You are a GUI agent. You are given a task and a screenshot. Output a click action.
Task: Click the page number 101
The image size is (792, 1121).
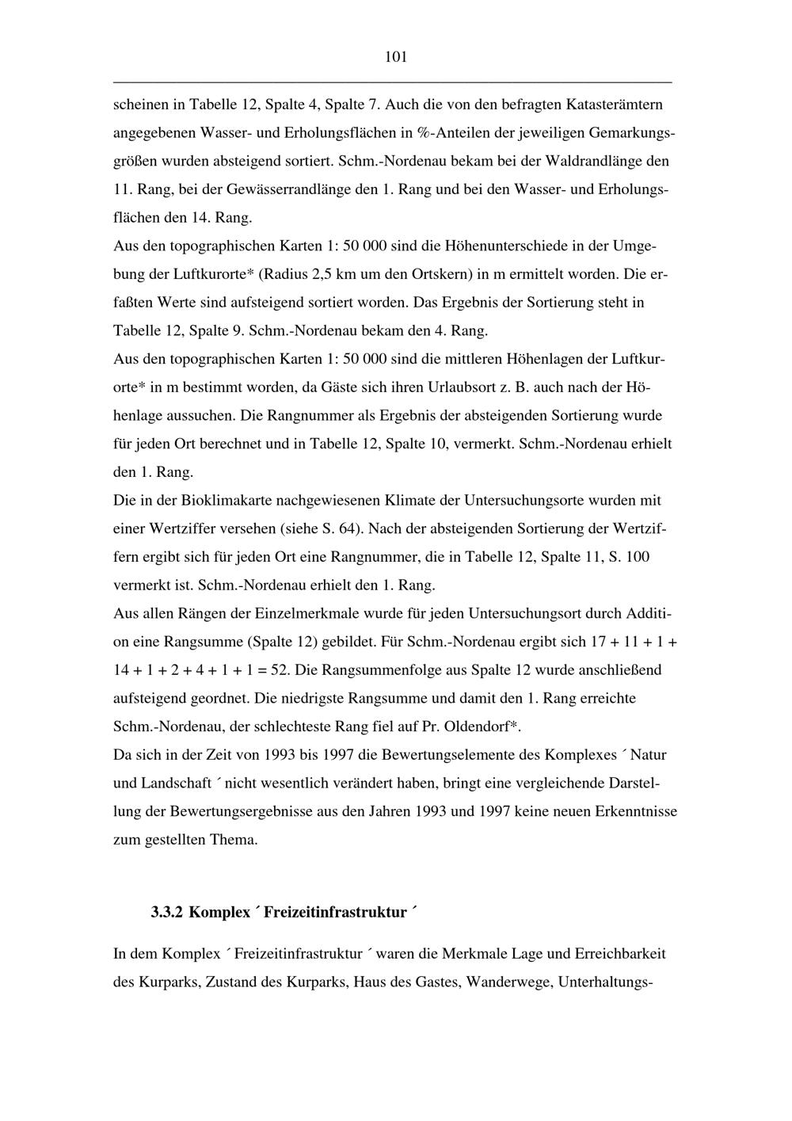point(395,57)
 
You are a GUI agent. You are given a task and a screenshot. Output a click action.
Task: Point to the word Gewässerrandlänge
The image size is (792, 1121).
point(286,189)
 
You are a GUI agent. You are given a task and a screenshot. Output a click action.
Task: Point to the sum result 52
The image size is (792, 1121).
point(279,670)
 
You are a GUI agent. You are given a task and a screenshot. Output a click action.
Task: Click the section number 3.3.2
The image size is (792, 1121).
point(166,913)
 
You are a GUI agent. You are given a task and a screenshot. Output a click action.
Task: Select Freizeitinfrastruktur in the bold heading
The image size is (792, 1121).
point(335,913)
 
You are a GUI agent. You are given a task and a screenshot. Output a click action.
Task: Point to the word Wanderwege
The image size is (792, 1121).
point(508,982)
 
